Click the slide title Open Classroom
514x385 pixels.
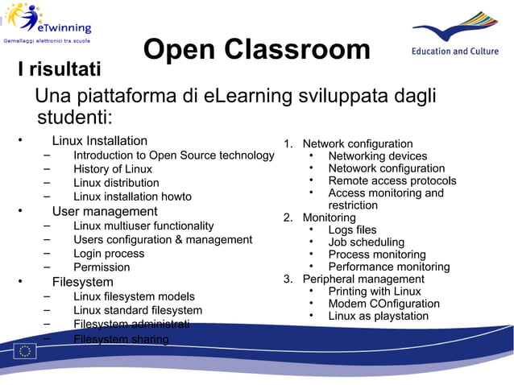(x=256, y=50)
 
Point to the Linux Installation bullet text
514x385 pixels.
(x=100, y=141)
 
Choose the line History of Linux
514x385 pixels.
(x=113, y=169)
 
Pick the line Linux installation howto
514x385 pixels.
(x=132, y=197)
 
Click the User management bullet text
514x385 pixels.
(x=105, y=212)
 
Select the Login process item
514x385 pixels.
(x=109, y=253)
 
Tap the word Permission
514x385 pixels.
(x=102, y=267)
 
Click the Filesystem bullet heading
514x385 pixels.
(x=83, y=282)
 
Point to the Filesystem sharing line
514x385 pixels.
(x=121, y=339)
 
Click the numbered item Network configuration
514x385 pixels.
(x=357, y=143)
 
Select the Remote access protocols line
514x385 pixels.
(x=392, y=181)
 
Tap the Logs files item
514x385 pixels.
(x=352, y=230)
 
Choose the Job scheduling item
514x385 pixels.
(x=366, y=242)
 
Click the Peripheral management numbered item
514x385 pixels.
(x=363, y=279)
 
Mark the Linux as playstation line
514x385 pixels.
(x=378, y=316)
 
